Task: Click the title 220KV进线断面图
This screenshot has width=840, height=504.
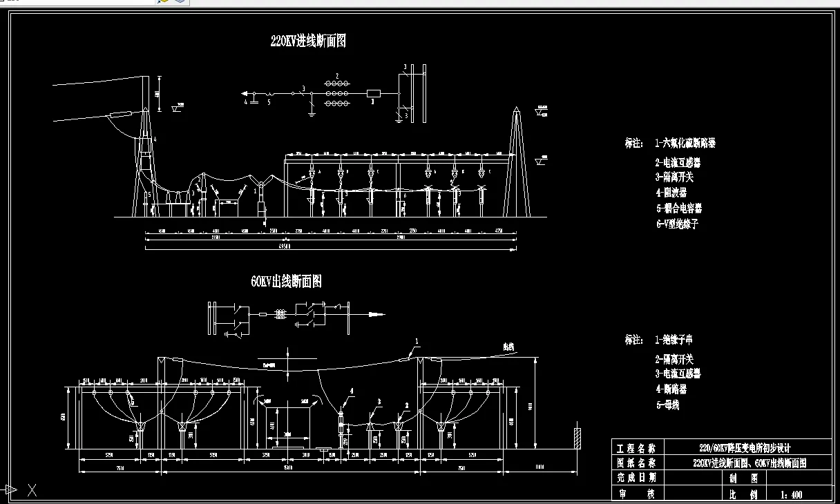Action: coord(308,41)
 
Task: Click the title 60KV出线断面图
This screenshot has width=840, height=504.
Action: coord(286,282)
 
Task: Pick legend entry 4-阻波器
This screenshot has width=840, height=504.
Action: coord(671,193)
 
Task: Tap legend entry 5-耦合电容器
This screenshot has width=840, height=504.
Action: coord(679,208)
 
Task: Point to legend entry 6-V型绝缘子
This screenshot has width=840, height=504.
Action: coord(677,224)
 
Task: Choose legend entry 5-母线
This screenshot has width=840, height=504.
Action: coord(667,405)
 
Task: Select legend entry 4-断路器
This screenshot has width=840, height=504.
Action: coord(671,389)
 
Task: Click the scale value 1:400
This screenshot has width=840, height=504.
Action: coord(791,494)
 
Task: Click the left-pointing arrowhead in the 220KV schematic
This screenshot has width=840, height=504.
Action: coord(244,93)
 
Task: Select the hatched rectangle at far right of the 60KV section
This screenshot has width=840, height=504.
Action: coord(575,438)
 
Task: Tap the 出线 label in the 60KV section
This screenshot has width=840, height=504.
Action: coord(509,347)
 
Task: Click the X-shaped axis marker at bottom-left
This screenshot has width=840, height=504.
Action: coord(32,491)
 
